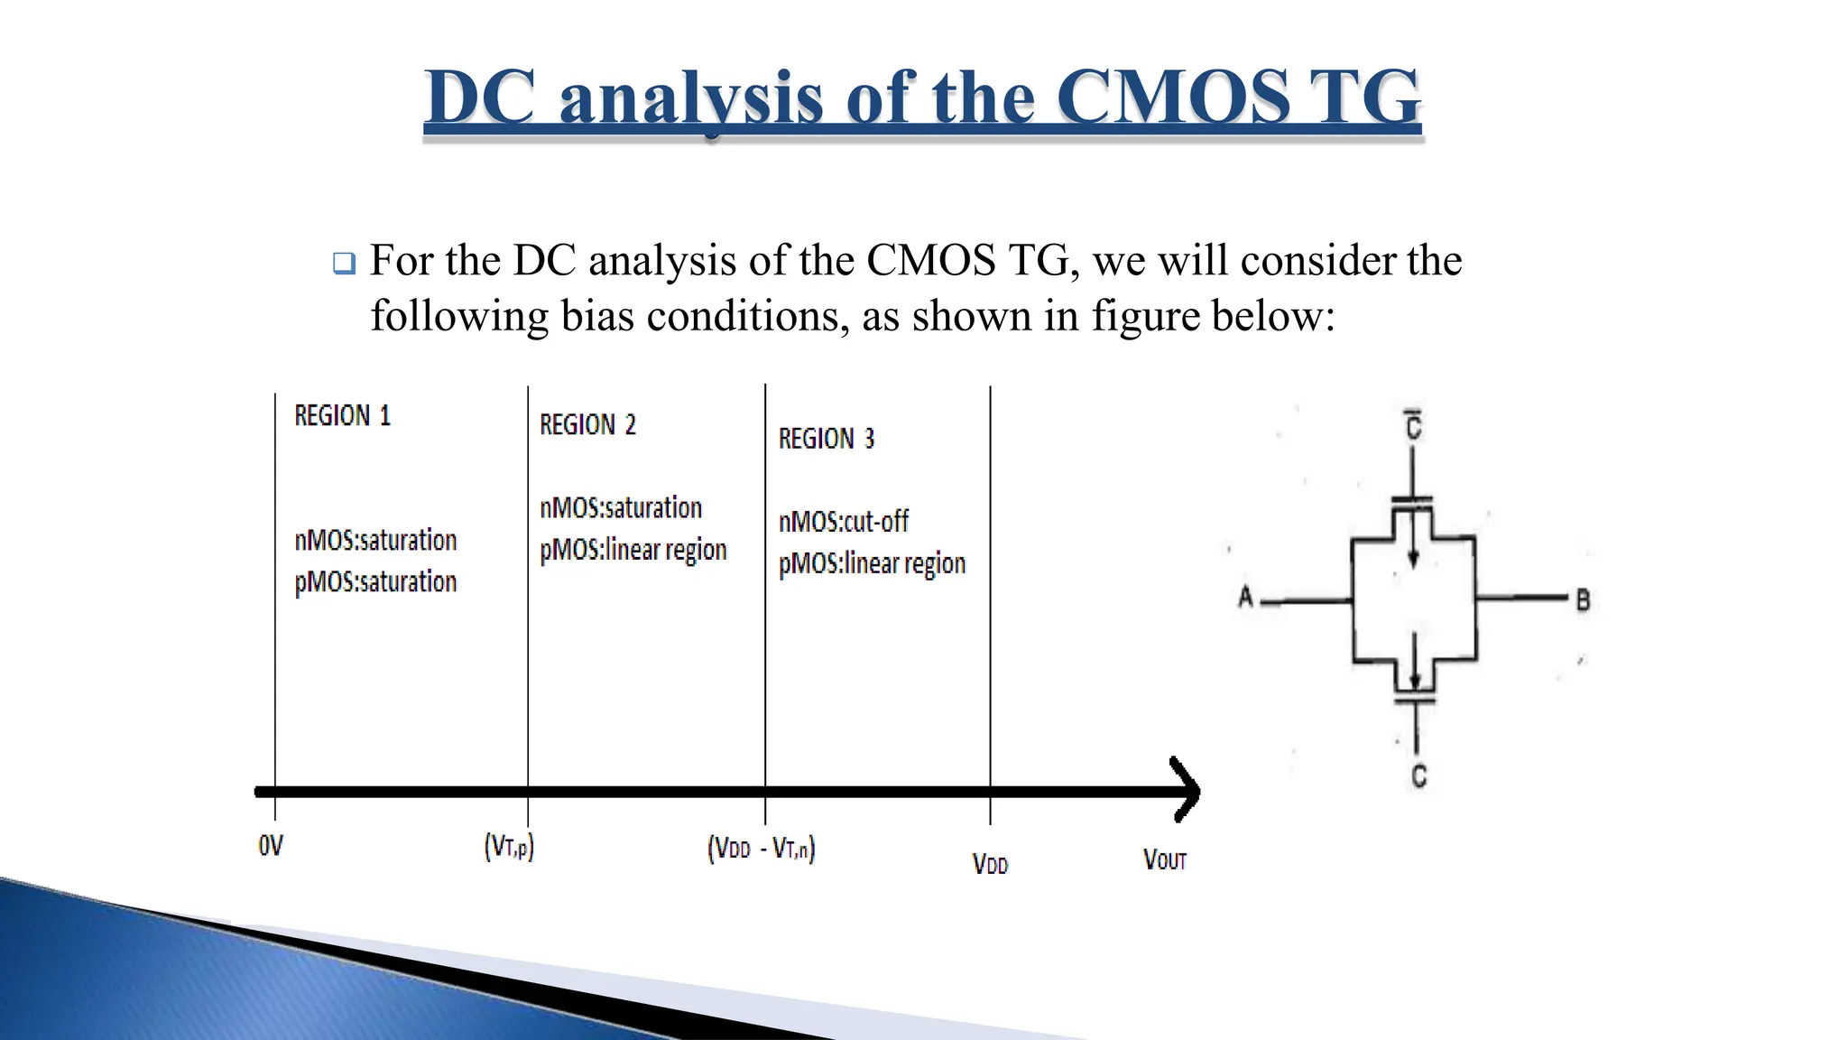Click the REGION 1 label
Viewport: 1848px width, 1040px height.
(x=342, y=416)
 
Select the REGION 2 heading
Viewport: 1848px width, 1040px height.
(x=587, y=425)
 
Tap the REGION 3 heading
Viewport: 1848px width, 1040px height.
(x=827, y=440)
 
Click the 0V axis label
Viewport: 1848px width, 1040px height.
(x=271, y=847)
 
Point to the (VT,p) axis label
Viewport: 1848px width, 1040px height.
(x=509, y=848)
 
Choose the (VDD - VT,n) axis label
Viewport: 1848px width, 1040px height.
(x=761, y=850)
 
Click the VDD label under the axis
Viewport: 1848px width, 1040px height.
(x=990, y=865)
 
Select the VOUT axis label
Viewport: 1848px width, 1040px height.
(x=1164, y=860)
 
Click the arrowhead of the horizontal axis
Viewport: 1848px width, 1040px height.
(x=1187, y=791)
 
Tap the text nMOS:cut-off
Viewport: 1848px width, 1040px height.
(x=844, y=522)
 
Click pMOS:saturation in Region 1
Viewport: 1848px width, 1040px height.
(x=375, y=582)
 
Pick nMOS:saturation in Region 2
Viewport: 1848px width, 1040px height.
(x=621, y=508)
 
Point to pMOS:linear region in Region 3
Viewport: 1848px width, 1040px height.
(x=872, y=564)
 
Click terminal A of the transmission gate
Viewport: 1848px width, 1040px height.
(x=1246, y=598)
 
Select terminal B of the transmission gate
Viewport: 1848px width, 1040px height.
(x=1582, y=599)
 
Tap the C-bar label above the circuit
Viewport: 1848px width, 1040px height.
(x=1414, y=426)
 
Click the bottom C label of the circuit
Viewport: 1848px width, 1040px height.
(x=1418, y=776)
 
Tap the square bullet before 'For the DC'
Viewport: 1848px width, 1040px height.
(x=344, y=264)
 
